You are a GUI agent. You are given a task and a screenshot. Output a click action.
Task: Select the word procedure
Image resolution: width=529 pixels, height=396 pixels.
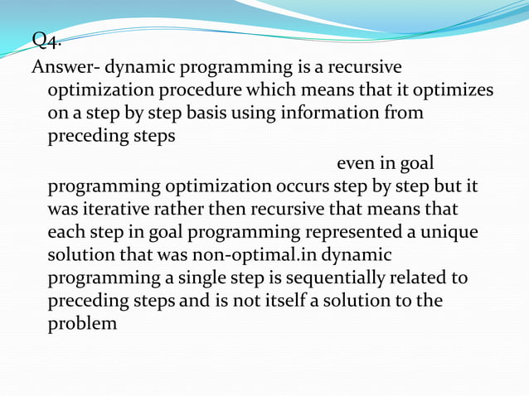tap(211, 89)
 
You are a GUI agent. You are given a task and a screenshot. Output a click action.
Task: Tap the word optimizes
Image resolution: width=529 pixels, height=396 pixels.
tap(450, 89)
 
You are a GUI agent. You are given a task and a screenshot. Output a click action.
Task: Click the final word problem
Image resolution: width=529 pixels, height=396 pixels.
tap(83, 324)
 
